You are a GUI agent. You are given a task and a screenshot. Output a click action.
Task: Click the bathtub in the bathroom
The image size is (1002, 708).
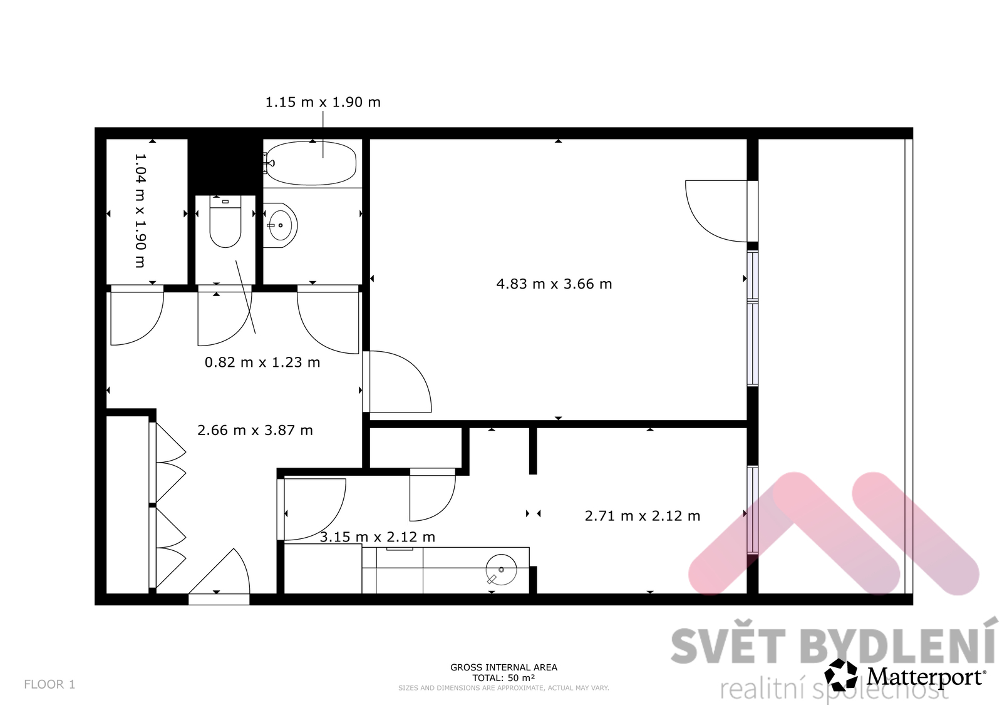pos(311,163)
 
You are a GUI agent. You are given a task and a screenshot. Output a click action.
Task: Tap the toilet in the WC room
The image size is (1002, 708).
pos(225,222)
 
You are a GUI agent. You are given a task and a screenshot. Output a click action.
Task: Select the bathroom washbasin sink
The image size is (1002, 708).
pos(280,225)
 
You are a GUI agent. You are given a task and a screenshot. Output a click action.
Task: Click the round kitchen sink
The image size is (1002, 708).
pos(501,570)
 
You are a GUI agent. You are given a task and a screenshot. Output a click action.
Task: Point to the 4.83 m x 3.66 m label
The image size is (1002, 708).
pos(554,284)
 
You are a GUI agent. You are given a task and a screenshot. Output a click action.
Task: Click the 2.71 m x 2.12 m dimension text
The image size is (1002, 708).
pos(643,516)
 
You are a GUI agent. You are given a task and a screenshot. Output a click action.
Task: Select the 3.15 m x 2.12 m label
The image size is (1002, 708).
pos(378,536)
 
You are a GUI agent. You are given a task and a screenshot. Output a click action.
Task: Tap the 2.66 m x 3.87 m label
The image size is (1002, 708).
pos(255,430)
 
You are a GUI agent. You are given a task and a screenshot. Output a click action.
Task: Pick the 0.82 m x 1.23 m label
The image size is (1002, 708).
pos(262,362)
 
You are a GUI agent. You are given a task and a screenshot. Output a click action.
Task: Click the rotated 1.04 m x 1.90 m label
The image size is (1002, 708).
pos(140,211)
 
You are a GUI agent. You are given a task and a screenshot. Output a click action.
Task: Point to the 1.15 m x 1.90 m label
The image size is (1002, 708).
pos(323,103)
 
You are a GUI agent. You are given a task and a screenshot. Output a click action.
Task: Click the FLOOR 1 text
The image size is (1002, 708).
pos(49,684)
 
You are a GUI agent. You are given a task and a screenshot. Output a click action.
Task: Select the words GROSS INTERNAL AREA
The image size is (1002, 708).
pos(504,667)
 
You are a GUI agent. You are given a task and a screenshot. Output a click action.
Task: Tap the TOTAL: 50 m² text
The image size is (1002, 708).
pos(504,677)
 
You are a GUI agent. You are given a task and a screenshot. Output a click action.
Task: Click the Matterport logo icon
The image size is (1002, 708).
pos(841,676)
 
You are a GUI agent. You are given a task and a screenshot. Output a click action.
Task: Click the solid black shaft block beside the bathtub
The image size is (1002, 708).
pos(225,167)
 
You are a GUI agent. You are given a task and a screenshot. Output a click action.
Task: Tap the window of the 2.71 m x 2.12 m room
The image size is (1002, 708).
pos(753,510)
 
